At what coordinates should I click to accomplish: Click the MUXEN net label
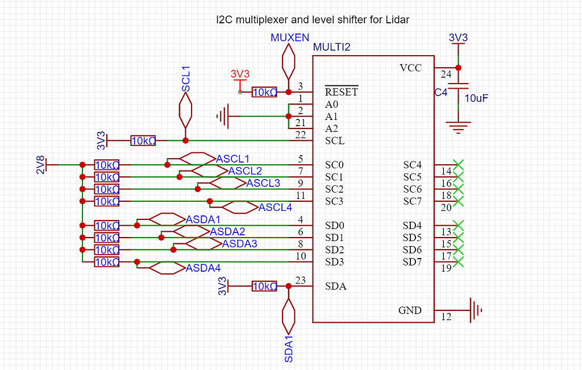[x=290, y=38]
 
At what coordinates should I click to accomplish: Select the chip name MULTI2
[x=332, y=47]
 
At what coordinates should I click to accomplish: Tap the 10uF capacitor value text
[x=476, y=98]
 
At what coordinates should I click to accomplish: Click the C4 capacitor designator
[x=441, y=93]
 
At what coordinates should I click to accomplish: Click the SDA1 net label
[x=289, y=348]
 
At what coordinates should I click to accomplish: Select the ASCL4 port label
[x=275, y=207]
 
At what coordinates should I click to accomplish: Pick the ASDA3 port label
[x=239, y=243]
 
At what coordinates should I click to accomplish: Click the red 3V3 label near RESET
[x=240, y=74]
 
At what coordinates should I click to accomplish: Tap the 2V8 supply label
[x=40, y=165]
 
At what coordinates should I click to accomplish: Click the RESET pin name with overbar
[x=341, y=92]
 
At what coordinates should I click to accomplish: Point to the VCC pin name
[x=410, y=68]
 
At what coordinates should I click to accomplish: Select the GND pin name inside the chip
[x=410, y=310]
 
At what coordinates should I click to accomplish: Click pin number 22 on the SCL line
[x=301, y=135]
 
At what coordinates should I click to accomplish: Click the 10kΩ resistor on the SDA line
[x=264, y=286]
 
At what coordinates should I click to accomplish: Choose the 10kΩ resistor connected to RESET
[x=264, y=92]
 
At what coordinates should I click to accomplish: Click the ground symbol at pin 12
[x=476, y=310]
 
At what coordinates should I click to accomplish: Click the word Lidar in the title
[x=397, y=19]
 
